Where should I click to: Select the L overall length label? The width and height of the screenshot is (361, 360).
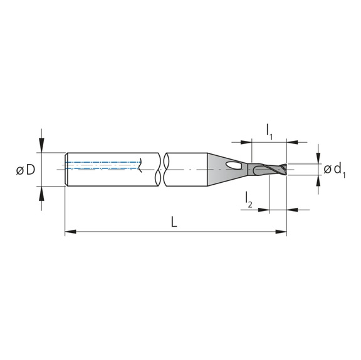pyautogui.click(x=174, y=222)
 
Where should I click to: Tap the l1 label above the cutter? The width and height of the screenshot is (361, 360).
pyautogui.click(x=269, y=131)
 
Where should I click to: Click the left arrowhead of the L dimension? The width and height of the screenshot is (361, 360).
pyautogui.click(x=70, y=232)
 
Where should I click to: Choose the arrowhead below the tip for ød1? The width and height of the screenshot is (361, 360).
pyautogui.click(x=320, y=180)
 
